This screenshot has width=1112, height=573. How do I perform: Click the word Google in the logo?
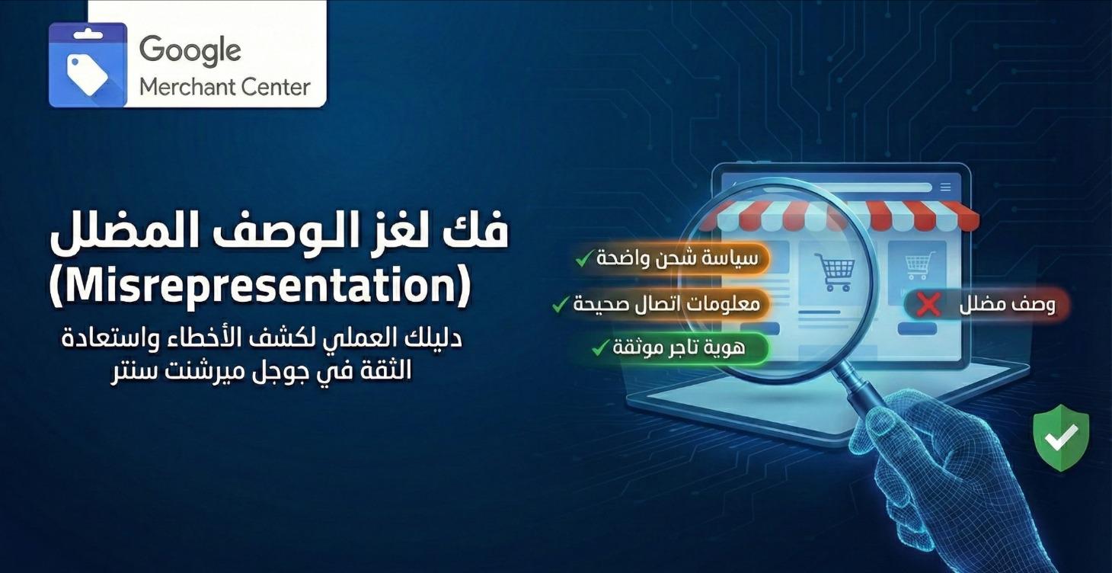[190, 51]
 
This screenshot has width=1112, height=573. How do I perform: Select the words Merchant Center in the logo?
[225, 87]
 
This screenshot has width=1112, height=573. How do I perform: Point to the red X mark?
[928, 306]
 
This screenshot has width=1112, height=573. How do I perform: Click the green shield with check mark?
[1061, 437]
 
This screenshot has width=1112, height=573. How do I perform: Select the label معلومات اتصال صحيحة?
[666, 304]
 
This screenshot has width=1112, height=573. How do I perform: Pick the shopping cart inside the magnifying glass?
[834, 271]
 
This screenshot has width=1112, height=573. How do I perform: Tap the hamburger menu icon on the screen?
[945, 187]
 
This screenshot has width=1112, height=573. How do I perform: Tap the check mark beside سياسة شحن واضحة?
[583, 259]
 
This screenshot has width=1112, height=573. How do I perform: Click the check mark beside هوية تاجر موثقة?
[600, 349]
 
